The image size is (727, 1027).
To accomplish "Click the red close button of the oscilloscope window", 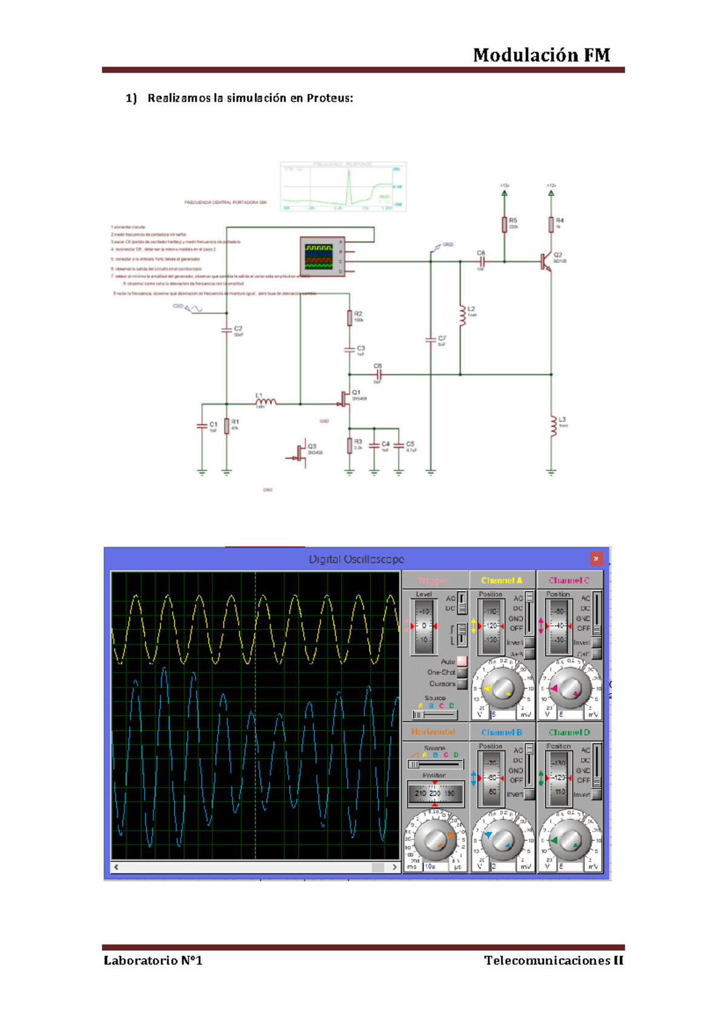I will pyautogui.click(x=596, y=558).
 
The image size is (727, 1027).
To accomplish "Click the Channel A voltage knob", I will pyautogui.click(x=502, y=689).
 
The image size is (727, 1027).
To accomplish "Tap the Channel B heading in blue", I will pyautogui.click(x=502, y=732).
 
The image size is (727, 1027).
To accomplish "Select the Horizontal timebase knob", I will pyautogui.click(x=434, y=839).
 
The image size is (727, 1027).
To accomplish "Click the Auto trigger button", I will pyautogui.click(x=462, y=661).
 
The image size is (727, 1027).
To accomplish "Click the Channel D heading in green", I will pyautogui.click(x=569, y=732).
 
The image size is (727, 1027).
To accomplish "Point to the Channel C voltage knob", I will pyautogui.click(x=569, y=689).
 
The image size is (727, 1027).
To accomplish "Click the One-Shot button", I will pyautogui.click(x=462, y=672).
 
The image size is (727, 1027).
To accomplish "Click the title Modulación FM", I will pyautogui.click(x=541, y=55).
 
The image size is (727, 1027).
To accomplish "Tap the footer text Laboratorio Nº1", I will pyautogui.click(x=153, y=960).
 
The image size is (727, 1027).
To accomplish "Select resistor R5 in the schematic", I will pyautogui.click(x=504, y=225).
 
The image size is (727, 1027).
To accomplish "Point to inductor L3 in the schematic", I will pyautogui.click(x=552, y=426).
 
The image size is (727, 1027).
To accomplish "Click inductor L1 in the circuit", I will pyautogui.click(x=266, y=401).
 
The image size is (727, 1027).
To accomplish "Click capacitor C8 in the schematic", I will pyautogui.click(x=482, y=262).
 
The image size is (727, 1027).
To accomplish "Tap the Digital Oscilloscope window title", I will pyautogui.click(x=356, y=559).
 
